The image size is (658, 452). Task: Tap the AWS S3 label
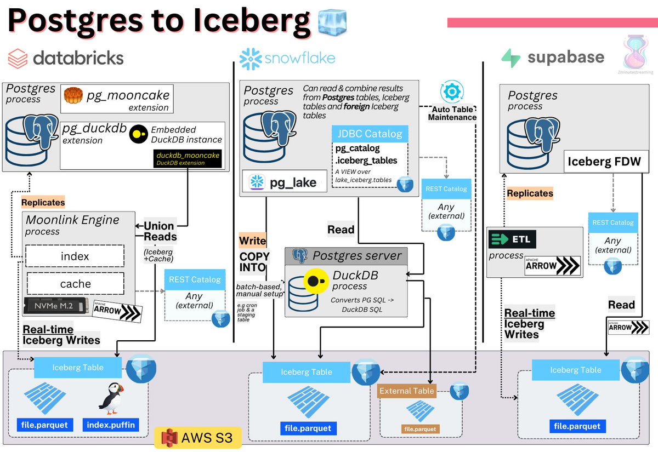point(198,437)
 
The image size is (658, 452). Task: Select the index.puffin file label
point(111,425)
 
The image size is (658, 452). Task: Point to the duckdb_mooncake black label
point(188,158)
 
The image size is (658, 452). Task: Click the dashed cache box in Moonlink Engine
point(75,283)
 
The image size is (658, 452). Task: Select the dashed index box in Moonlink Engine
point(75,256)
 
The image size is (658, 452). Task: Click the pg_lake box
point(285,182)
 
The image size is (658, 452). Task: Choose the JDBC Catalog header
point(370,134)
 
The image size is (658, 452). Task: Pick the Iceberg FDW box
point(604,162)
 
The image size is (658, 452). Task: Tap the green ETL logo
point(512,239)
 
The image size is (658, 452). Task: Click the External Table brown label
point(407,391)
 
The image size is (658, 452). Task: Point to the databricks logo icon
point(18,58)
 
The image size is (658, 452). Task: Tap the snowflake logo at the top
point(250,59)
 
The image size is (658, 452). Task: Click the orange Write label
point(252,241)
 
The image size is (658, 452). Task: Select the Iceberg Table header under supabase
point(575,370)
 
